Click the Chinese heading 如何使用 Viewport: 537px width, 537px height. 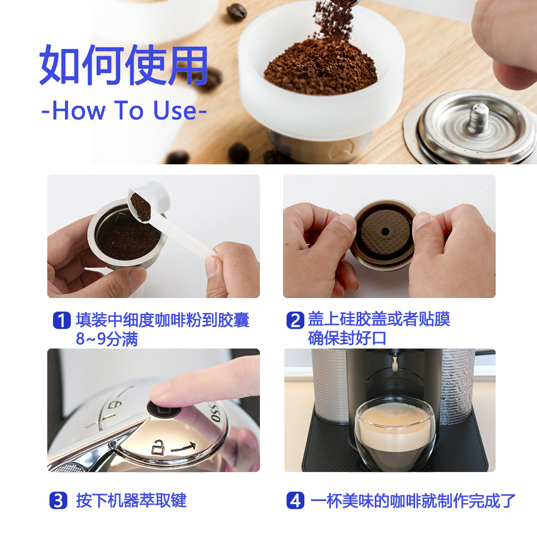pos(124,66)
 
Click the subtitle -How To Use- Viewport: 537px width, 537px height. pos(124,110)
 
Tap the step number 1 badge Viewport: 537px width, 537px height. pos(62,321)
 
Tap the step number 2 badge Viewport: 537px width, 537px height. pos(295,321)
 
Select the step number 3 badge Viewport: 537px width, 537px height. pos(59,500)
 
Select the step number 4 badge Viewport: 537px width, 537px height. pos(295,500)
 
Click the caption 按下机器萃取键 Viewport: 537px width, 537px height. pos(131,500)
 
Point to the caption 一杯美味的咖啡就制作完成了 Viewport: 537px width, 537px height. pos(412,500)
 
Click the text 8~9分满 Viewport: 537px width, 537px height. pos(106,339)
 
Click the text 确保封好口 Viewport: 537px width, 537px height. pos(347,339)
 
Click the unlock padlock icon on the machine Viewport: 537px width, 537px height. pos(157,445)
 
